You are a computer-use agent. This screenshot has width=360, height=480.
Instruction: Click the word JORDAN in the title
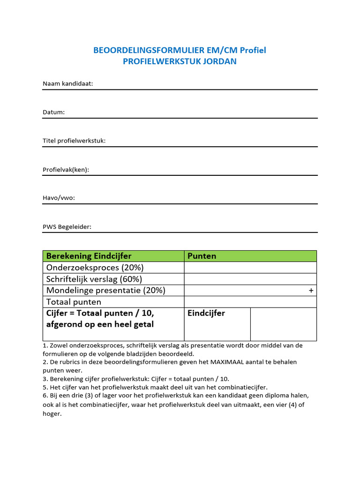click(x=220, y=61)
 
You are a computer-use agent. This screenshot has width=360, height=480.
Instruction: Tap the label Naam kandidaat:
click(x=68, y=83)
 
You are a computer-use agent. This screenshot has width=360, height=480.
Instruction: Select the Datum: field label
click(x=54, y=112)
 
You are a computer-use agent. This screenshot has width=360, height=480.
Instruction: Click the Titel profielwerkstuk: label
click(x=74, y=141)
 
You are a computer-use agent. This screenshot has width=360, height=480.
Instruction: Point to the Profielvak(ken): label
click(x=66, y=170)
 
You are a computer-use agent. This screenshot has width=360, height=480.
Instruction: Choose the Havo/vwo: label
click(x=59, y=198)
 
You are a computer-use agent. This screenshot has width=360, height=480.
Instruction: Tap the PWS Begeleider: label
click(x=67, y=227)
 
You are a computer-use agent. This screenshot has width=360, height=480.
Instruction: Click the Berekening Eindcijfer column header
click(x=89, y=256)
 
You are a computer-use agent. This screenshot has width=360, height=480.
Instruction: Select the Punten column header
click(x=202, y=256)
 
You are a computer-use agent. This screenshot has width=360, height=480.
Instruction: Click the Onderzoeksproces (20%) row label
click(x=95, y=268)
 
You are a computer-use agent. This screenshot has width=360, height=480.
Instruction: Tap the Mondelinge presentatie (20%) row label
click(x=105, y=290)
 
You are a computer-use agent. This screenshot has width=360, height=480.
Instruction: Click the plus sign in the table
click(x=311, y=291)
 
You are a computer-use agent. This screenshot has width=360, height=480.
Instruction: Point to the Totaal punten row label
click(x=74, y=302)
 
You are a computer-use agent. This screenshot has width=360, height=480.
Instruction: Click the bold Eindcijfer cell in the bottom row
click(x=206, y=313)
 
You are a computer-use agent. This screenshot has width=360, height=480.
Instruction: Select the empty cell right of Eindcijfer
click(x=283, y=324)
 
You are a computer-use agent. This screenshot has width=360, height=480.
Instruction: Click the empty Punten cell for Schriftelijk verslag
click(x=250, y=279)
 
